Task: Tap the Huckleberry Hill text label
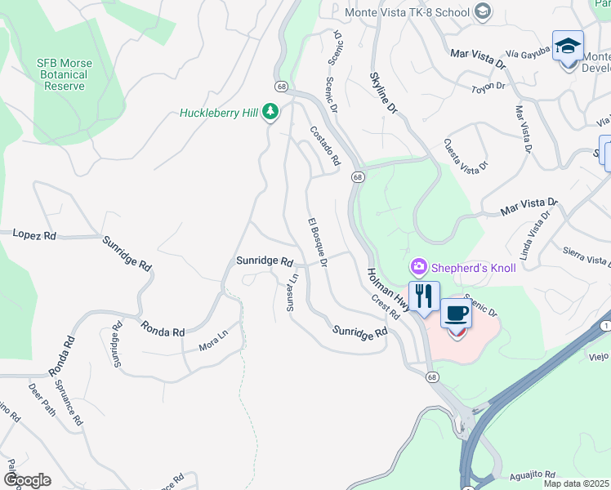click(219, 113)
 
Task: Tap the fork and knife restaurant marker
click(423, 296)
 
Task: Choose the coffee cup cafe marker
click(457, 314)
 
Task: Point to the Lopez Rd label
click(34, 234)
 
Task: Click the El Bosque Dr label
click(318, 243)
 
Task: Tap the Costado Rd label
click(324, 146)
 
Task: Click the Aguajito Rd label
click(534, 474)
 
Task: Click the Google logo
click(26, 480)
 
